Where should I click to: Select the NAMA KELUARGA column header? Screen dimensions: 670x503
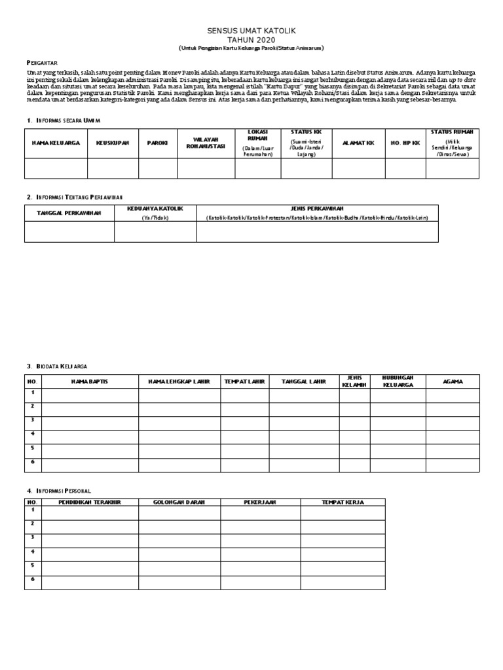(56, 143)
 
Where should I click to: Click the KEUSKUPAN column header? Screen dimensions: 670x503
(113, 143)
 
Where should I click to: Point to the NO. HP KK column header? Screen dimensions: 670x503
(405, 143)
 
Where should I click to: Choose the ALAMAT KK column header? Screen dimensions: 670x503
(358, 143)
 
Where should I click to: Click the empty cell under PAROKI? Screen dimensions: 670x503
(157, 168)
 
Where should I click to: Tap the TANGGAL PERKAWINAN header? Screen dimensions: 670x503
(69, 213)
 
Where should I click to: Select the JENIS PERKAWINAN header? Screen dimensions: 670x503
(317, 209)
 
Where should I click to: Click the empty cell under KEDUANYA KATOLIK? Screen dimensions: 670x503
(155, 232)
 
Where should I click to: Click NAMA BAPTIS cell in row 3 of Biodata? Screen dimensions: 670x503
(90, 422)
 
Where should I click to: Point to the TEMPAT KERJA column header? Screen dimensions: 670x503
(343, 502)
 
